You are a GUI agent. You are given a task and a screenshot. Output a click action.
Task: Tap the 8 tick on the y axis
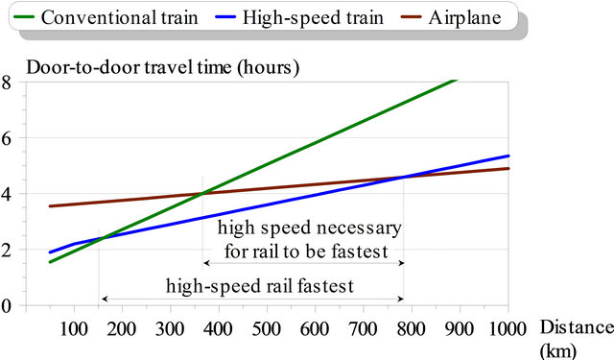7,82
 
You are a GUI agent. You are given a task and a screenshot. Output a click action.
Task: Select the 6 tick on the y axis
7,138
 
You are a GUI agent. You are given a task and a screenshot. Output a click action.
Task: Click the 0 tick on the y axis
7,306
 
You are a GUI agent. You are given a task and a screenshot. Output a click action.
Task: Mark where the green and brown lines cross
202,195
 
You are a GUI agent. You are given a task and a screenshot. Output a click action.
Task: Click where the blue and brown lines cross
404,176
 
